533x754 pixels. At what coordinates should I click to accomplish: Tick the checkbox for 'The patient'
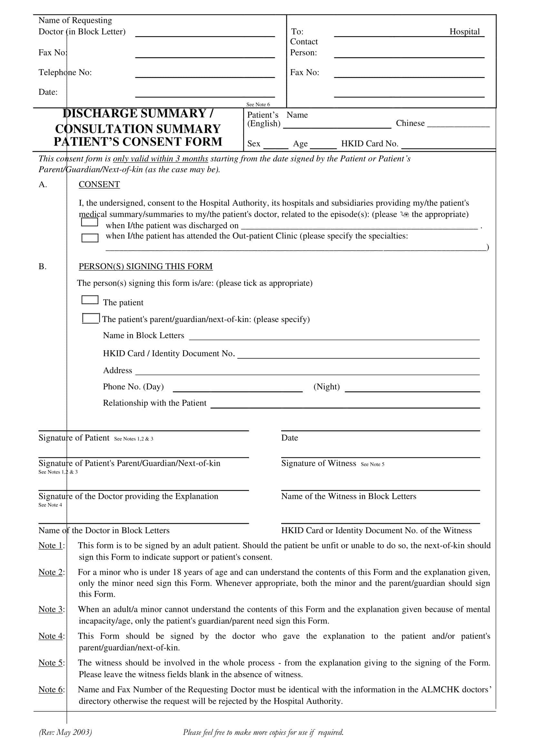[90, 299]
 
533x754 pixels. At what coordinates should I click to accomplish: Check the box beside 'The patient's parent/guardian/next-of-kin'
[91, 318]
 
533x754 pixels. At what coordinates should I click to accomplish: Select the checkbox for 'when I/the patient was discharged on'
[89, 222]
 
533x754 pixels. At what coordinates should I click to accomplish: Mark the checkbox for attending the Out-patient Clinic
[90, 238]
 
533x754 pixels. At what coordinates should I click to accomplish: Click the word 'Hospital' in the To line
[464, 32]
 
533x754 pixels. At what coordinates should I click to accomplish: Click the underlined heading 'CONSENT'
[99, 184]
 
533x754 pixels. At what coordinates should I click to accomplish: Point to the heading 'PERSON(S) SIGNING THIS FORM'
[145, 266]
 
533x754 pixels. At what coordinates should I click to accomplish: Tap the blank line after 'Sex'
[276, 144]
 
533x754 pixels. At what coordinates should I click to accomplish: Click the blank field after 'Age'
[323, 144]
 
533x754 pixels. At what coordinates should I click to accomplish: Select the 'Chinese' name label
[410, 123]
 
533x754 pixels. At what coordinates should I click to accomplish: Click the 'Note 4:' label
[51, 636]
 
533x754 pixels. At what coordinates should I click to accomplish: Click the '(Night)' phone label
[326, 387]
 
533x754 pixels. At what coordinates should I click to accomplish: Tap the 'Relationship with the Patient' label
[155, 403]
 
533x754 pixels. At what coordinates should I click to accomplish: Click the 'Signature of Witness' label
[319, 463]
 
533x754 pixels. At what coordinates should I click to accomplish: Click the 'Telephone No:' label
[65, 72]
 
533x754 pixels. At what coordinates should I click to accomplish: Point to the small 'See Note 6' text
[258, 104]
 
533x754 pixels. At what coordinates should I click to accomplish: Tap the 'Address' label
[118, 370]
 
